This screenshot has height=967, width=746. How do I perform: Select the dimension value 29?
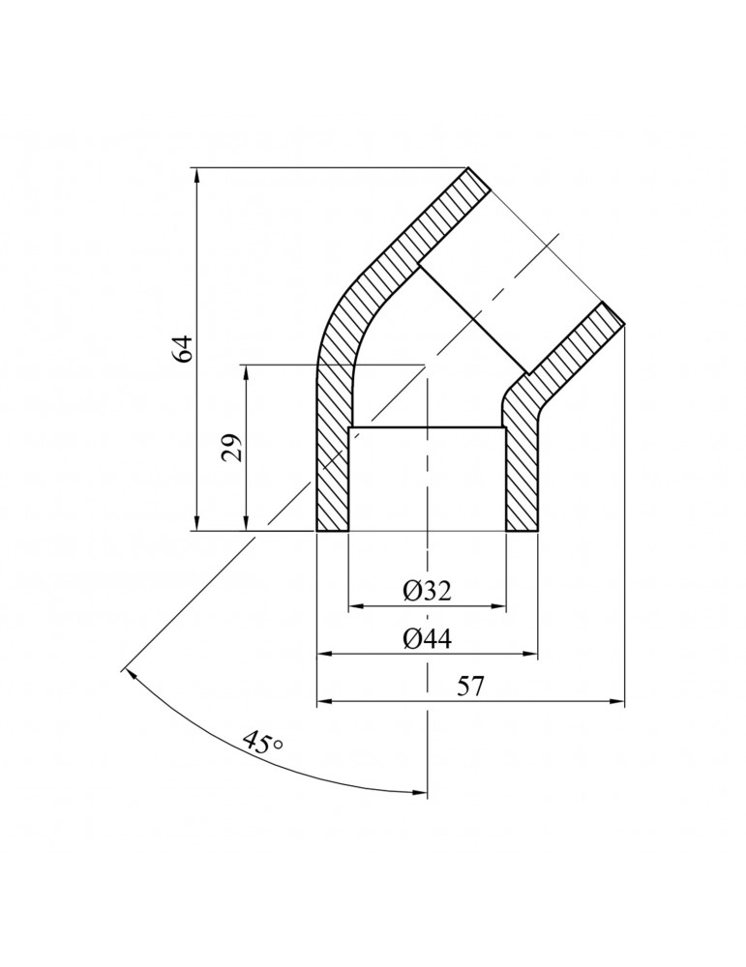point(233,448)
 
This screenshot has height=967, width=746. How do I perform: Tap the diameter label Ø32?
point(427,591)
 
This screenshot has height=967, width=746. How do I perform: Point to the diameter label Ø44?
point(427,639)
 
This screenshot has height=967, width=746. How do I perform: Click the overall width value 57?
point(470,688)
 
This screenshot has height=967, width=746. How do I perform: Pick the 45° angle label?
point(262,744)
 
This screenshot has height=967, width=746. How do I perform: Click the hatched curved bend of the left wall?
point(343,309)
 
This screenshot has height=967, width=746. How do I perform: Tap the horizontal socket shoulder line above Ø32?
point(427,427)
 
